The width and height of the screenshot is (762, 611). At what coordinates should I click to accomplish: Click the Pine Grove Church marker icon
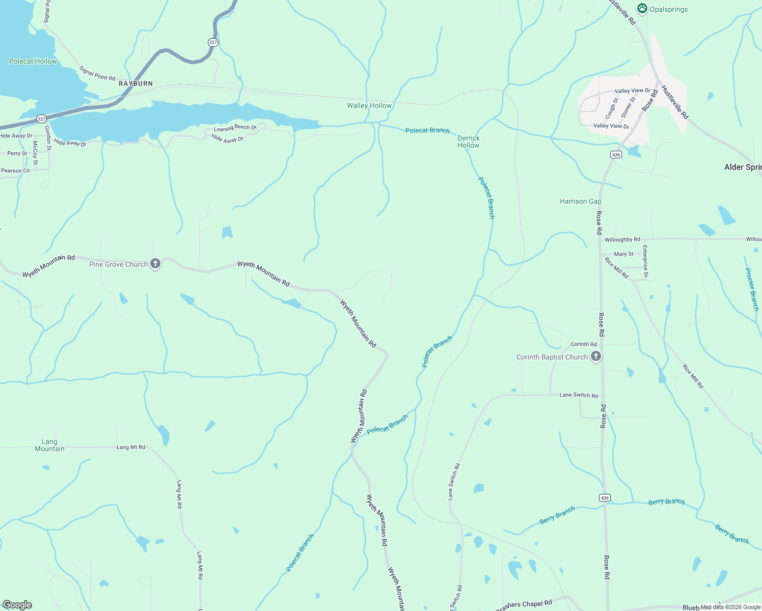point(156,264)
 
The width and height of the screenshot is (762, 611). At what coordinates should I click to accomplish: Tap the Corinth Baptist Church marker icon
point(596,356)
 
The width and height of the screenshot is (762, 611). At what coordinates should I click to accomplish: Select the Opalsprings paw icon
point(642,9)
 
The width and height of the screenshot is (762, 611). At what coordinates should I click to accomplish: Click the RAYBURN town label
point(135,84)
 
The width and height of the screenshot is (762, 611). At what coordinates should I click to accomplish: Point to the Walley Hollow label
point(369,106)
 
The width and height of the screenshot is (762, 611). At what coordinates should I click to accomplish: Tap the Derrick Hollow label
point(469,142)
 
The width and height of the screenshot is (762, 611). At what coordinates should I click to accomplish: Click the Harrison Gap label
point(580,202)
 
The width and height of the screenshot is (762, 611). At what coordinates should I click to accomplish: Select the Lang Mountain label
point(49,446)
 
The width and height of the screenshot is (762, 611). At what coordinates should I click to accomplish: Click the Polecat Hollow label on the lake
point(33,62)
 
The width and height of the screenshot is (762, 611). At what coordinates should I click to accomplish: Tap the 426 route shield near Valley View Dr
point(616,155)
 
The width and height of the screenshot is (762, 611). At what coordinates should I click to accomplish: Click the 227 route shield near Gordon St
point(42,119)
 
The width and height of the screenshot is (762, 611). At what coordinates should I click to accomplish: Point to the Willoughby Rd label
point(622,239)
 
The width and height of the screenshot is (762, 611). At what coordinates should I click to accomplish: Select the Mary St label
point(623,254)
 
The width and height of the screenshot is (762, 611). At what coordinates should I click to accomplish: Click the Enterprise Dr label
point(645,262)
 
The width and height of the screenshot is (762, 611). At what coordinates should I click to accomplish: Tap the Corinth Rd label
point(583,345)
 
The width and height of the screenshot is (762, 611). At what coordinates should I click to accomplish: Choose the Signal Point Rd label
point(97,74)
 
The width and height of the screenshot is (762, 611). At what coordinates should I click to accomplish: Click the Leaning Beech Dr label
point(235,128)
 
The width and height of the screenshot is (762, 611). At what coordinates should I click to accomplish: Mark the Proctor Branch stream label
point(751,289)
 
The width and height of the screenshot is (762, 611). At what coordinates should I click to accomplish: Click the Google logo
point(17,605)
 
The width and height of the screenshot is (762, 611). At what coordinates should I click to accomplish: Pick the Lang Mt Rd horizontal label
point(131,448)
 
